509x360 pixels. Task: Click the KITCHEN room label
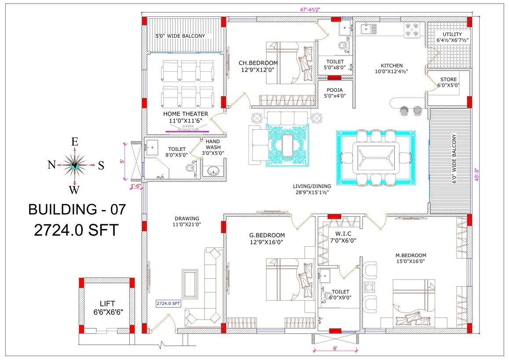tap(392, 65)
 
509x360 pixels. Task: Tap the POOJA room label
tap(335, 90)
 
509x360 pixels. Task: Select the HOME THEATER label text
tap(186, 114)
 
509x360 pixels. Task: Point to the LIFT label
tap(107, 304)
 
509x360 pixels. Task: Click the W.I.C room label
tap(343, 233)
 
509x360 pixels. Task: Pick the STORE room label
tap(448, 80)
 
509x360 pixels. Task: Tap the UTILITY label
tap(452, 34)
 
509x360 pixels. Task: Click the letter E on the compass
tap(75, 142)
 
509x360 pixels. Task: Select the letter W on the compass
tap(74, 190)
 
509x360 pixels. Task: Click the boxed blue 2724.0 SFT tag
tap(168, 304)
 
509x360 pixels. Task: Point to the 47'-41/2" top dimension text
tap(310, 10)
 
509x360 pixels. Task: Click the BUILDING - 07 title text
tap(77, 210)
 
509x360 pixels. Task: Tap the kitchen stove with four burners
tap(412, 30)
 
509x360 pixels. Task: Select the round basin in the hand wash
tap(213, 171)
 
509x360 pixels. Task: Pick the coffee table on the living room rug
tap(287, 145)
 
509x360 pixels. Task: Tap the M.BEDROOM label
tap(410, 255)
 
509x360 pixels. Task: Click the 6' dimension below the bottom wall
tap(335, 348)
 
